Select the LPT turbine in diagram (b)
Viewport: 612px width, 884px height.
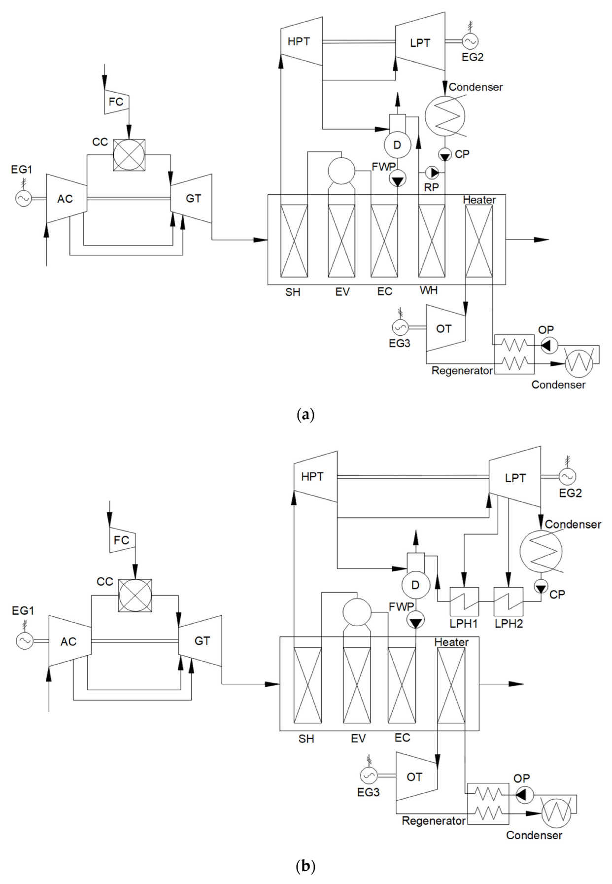tap(515, 477)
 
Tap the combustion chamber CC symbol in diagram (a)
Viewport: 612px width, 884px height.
tap(129, 155)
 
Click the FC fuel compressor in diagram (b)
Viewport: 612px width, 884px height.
tap(122, 540)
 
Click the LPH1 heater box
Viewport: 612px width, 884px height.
tap(464, 601)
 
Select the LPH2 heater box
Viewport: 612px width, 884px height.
tap(509, 601)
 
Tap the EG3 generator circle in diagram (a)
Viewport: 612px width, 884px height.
tap(400, 327)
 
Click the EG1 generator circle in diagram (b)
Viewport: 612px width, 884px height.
tap(25, 641)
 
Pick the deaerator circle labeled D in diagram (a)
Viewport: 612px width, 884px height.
tap(397, 145)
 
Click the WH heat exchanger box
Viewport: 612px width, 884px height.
tap(432, 241)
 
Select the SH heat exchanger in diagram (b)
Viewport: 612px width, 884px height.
tap(307, 685)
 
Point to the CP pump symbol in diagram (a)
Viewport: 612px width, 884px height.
tap(445, 155)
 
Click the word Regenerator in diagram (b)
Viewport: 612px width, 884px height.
tap(433, 821)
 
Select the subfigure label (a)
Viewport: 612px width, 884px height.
tap(306, 414)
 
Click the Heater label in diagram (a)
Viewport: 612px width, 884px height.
tap(479, 200)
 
